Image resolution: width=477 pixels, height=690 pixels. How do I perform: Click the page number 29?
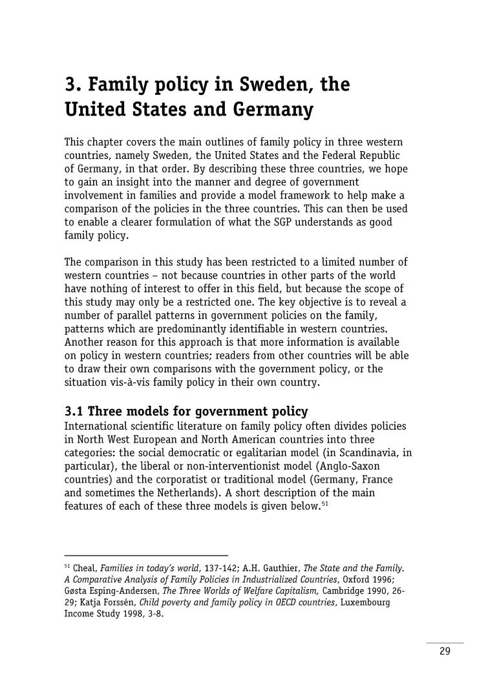point(445,651)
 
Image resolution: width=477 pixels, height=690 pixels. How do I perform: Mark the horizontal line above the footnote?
point(146,555)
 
